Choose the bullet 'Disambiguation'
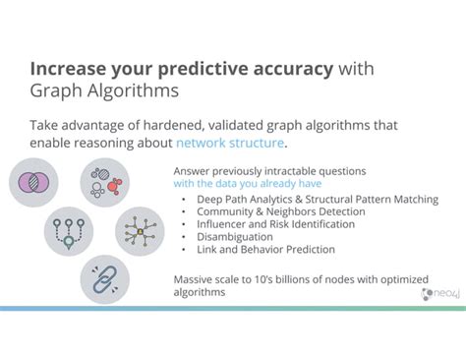[x=236, y=236]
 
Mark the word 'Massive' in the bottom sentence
[x=193, y=278]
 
